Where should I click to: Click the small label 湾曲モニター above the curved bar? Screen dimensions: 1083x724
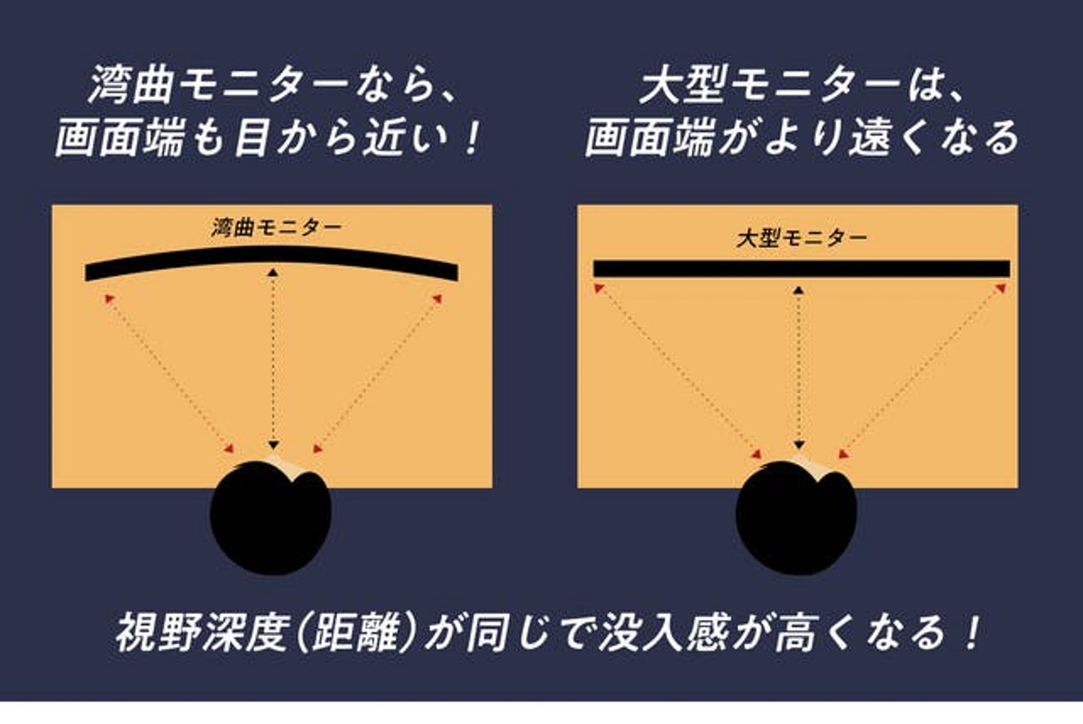(276, 228)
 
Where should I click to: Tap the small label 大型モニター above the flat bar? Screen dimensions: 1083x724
(801, 238)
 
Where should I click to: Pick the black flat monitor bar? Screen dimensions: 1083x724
(801, 269)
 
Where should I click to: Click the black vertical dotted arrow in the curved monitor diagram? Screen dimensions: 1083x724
(273, 359)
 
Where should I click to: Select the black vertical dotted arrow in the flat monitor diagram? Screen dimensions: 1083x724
(799, 368)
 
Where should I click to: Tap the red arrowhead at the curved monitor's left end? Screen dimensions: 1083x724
(109, 299)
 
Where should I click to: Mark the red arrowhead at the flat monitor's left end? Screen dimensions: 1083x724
(599, 288)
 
